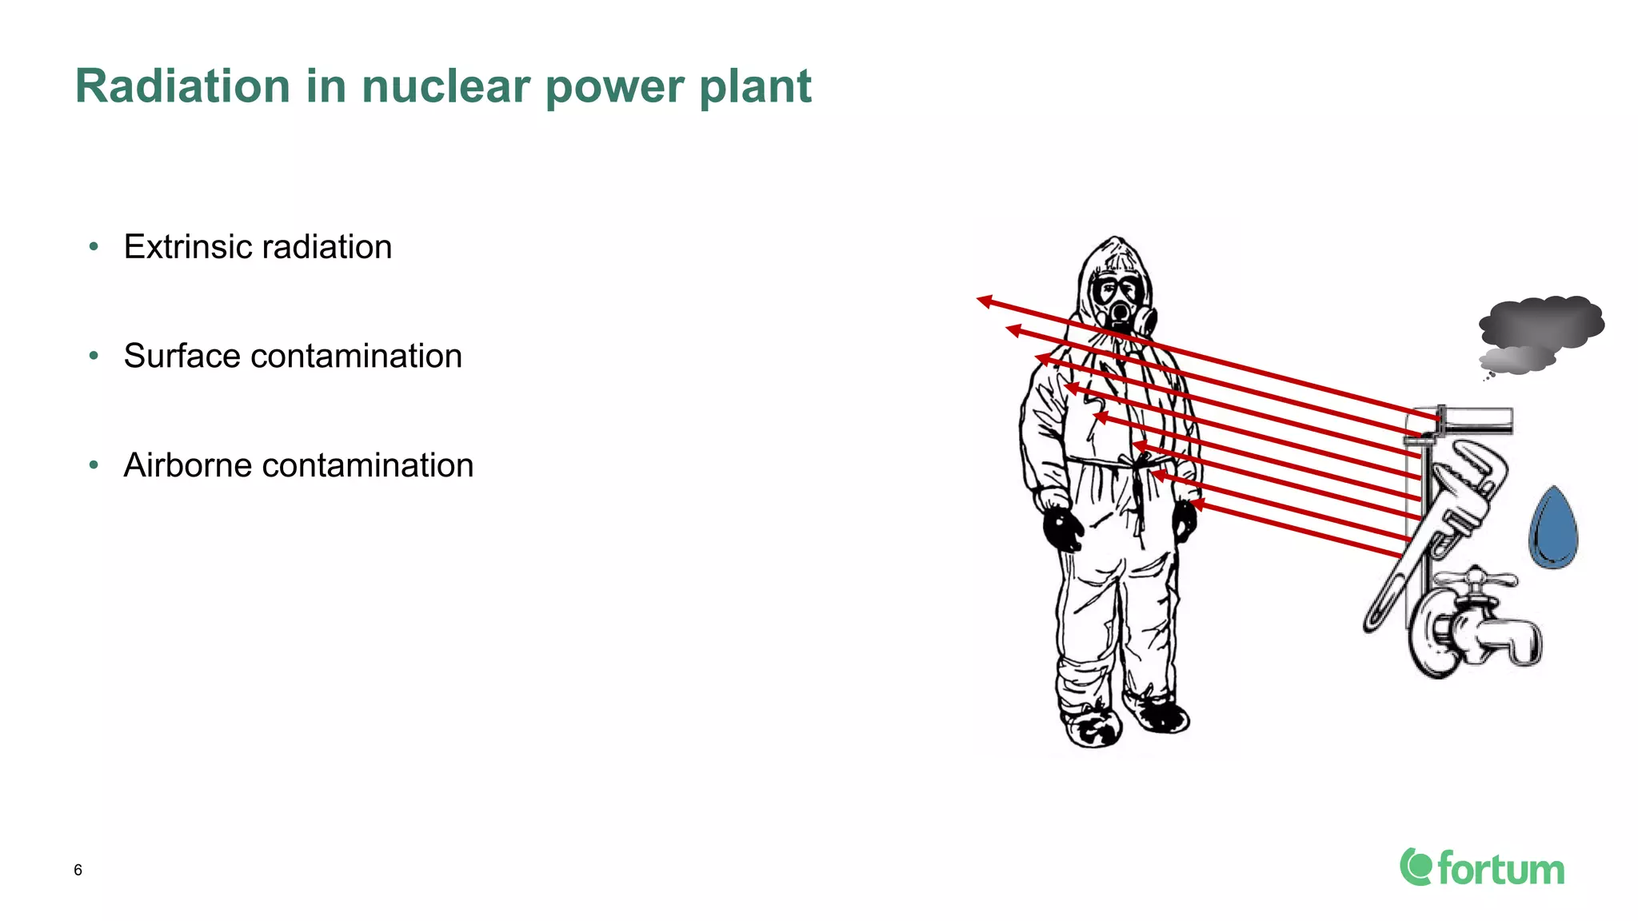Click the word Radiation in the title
[182, 86]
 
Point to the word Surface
[182, 356]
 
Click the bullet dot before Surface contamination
[94, 356]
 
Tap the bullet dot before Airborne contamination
[94, 464]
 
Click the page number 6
[78, 870]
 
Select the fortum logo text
[1500, 869]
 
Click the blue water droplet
[1553, 529]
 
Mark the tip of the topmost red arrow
[979, 301]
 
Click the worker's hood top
[1115, 244]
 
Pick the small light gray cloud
[1516, 360]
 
